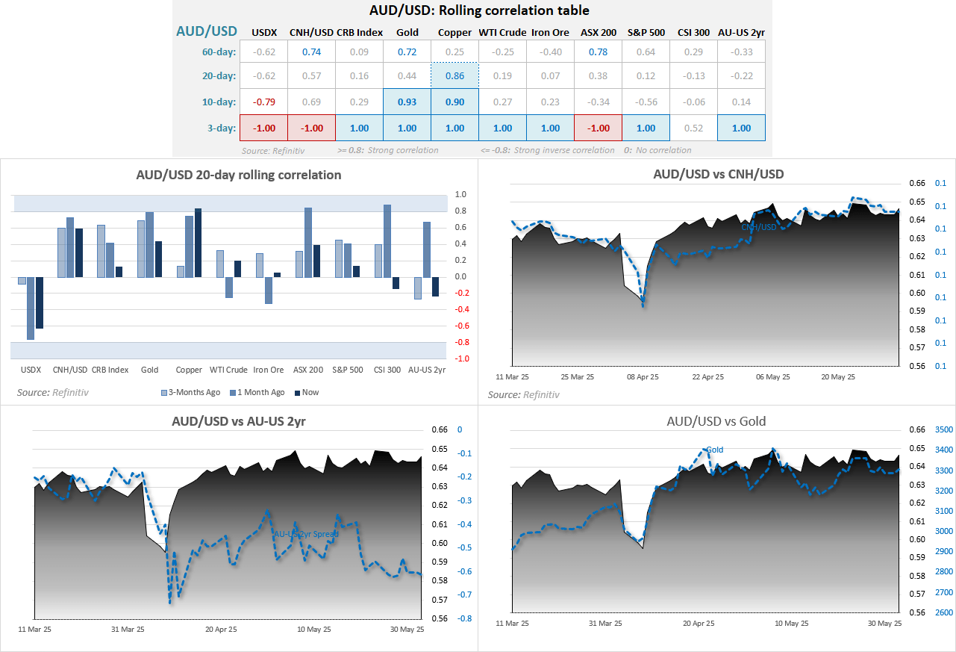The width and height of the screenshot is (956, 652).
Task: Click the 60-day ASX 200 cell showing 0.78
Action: pyautogui.click(x=598, y=52)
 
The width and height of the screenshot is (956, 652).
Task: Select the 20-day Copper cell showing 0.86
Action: pyautogui.click(x=454, y=75)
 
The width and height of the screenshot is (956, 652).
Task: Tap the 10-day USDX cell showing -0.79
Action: pyautogui.click(x=264, y=102)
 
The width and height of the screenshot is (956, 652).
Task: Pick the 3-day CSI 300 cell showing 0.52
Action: pyautogui.click(x=693, y=128)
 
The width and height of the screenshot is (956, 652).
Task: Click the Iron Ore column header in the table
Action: pyautogui.click(x=550, y=32)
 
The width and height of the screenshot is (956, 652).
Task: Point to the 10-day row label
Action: pyautogui.click(x=219, y=102)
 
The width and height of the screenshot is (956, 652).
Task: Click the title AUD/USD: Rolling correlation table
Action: pyautogui.click(x=478, y=10)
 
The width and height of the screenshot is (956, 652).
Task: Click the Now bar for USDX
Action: pyautogui.click(x=40, y=302)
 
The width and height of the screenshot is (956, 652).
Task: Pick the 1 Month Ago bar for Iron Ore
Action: pyautogui.click(x=268, y=291)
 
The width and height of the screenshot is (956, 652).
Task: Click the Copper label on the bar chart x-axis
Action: pyautogui.click(x=189, y=370)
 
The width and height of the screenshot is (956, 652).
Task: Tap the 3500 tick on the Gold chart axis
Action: pyautogui.click(x=923, y=429)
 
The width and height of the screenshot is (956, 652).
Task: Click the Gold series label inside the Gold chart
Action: pyautogui.click(x=714, y=450)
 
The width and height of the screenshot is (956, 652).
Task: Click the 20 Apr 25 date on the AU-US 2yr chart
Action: pyautogui.click(x=220, y=630)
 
